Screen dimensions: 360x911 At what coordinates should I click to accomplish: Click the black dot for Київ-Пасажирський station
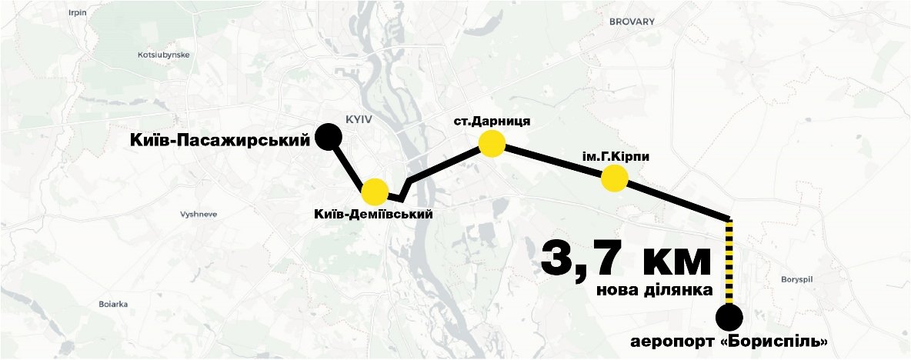pos(329,137)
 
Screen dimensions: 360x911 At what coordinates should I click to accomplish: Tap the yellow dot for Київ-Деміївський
pos(374,191)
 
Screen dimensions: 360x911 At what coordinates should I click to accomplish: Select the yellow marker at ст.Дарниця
pos(491,144)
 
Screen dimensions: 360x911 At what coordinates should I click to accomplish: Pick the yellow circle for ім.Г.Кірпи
pos(614,179)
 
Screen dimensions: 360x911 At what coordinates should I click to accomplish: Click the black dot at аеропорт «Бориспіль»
pos(729,316)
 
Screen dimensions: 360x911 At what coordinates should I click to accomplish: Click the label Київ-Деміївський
pos(373,214)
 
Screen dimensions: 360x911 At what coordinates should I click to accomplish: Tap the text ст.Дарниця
pos(491,121)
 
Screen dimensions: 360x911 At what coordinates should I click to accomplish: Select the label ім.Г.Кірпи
pos(616,157)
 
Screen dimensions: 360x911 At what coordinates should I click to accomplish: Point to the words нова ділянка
pos(653,292)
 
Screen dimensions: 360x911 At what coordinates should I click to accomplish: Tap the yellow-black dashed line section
pos(729,262)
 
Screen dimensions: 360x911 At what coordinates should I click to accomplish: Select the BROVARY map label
pos(631,22)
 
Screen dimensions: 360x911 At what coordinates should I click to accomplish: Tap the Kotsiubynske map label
pos(162,55)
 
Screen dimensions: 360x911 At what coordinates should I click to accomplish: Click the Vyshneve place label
pos(198,215)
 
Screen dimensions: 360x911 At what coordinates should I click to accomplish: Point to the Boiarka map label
pos(112,304)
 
